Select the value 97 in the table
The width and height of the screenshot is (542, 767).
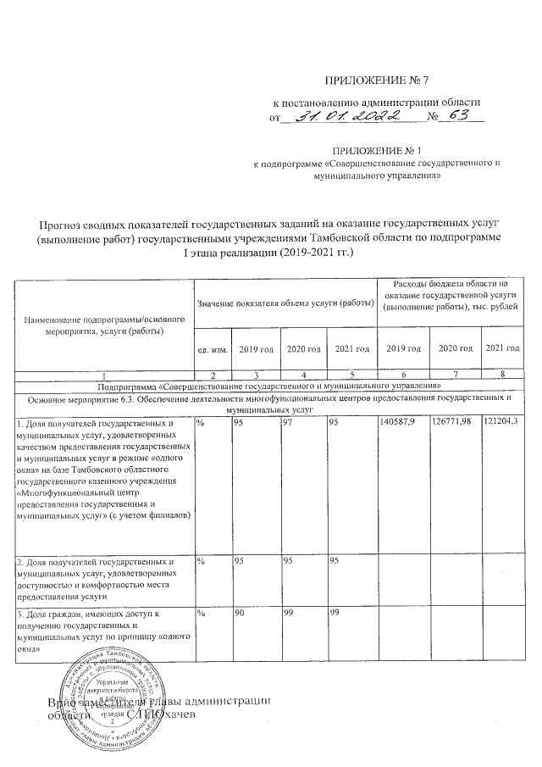click(x=288, y=421)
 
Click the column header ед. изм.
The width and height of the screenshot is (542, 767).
click(x=211, y=349)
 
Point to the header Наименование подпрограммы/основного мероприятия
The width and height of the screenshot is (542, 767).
click(x=106, y=326)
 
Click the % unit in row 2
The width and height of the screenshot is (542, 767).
click(x=201, y=561)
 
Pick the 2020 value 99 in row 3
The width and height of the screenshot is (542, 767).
click(x=288, y=612)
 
